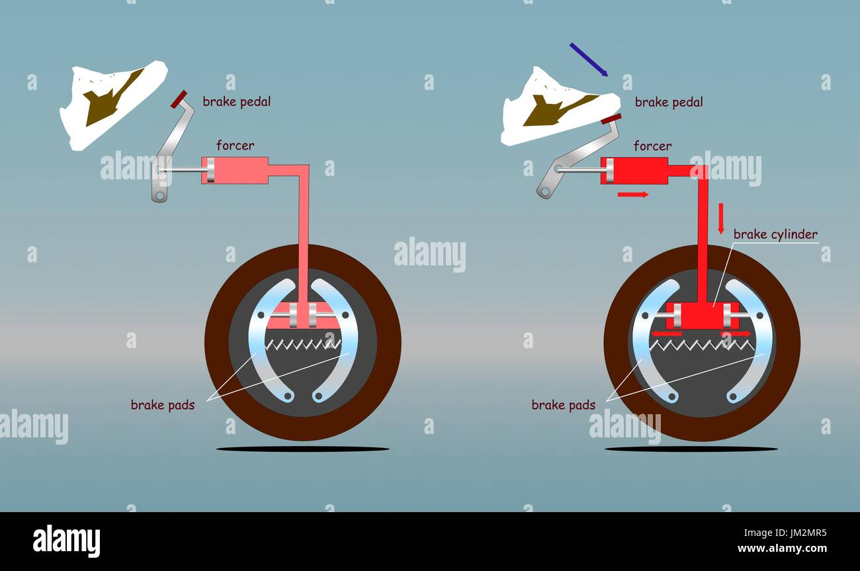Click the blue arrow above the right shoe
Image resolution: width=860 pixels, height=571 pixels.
click(x=589, y=60)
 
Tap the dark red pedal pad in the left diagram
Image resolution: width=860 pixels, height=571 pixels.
click(x=179, y=99)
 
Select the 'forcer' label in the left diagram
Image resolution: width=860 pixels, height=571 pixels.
click(x=235, y=146)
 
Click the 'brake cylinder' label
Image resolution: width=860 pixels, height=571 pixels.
click(x=775, y=234)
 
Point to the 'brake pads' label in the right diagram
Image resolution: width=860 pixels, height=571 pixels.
click(x=563, y=405)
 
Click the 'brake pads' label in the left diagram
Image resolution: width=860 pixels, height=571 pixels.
click(x=163, y=405)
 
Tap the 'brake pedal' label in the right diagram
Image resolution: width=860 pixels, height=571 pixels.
click(x=669, y=102)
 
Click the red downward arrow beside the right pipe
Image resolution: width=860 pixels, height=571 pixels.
click(x=720, y=218)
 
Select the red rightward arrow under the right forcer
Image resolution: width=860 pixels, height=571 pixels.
click(x=633, y=195)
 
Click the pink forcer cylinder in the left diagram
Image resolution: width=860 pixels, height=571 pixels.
click(x=235, y=170)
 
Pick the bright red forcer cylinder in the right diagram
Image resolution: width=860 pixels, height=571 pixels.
click(x=634, y=170)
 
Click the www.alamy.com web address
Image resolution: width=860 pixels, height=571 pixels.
click(x=782, y=549)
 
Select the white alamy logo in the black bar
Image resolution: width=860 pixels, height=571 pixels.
click(x=66, y=541)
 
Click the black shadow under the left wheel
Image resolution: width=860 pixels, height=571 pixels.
click(x=303, y=449)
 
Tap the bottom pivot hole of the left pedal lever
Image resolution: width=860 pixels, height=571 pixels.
click(x=160, y=196)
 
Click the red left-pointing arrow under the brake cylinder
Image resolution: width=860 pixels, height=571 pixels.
click(x=666, y=333)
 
